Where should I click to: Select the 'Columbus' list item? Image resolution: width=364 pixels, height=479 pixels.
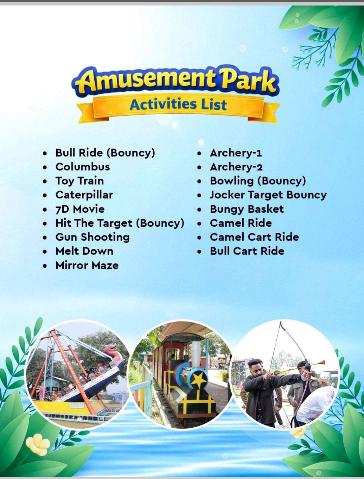point(83,167)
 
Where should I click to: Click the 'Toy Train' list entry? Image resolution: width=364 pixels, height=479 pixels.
point(80,181)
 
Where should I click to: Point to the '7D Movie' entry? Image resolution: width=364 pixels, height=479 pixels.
point(80,209)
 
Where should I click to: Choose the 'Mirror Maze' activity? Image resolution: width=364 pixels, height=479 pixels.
point(87,265)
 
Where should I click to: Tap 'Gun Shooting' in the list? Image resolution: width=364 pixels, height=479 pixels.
point(92,237)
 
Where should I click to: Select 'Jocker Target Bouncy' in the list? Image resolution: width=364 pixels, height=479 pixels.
point(268,195)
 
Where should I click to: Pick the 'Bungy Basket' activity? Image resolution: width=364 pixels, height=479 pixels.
point(247,209)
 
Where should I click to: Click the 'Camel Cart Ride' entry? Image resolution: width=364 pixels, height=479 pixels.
point(254,237)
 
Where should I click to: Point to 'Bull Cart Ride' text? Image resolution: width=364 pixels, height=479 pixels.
point(247,251)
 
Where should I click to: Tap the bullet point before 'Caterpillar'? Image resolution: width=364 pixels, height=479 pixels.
point(45,196)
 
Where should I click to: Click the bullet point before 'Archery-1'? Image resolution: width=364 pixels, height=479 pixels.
point(199,153)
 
